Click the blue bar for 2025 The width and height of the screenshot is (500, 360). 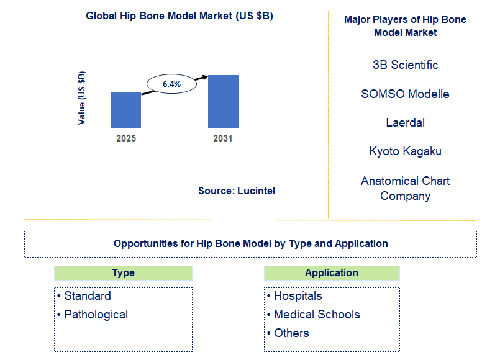pyautogui.click(x=126, y=110)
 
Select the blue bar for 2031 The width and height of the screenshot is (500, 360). pyautogui.click(x=223, y=101)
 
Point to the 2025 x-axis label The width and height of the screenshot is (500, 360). pyautogui.click(x=126, y=138)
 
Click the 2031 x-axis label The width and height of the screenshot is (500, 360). pyautogui.click(x=223, y=138)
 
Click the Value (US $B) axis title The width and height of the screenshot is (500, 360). pyautogui.click(x=82, y=98)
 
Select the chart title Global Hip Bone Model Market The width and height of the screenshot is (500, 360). pyautogui.click(x=180, y=16)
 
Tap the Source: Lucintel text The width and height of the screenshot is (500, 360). pyautogui.click(x=237, y=191)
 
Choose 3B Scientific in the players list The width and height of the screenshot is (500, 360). pyautogui.click(x=405, y=65)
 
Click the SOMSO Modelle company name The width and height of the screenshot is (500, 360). pyautogui.click(x=405, y=94)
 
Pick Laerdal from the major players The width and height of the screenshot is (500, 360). pyautogui.click(x=405, y=123)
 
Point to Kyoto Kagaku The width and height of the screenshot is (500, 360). pyautogui.click(x=405, y=151)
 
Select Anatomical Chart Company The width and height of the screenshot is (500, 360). pyautogui.click(x=405, y=188)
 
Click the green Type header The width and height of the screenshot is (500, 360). pyautogui.click(x=123, y=273)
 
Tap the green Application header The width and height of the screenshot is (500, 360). pyautogui.click(x=332, y=273)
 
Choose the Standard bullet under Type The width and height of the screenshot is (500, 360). pyautogui.click(x=88, y=296)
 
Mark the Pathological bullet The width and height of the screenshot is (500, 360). pyautogui.click(x=96, y=315)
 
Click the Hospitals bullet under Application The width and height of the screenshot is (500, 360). pyautogui.click(x=298, y=296)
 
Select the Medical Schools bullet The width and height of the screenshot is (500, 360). pyautogui.click(x=317, y=315)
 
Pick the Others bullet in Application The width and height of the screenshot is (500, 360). pyautogui.click(x=291, y=333)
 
